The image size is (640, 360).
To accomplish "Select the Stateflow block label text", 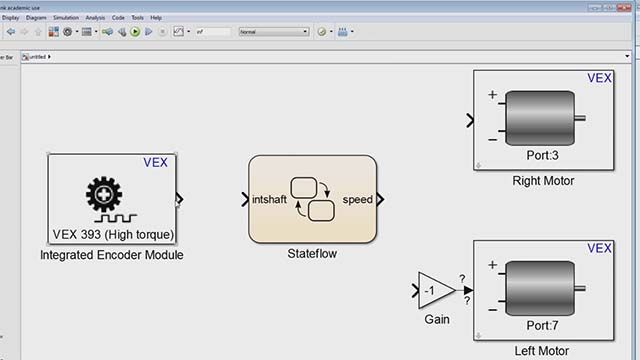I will [x=313, y=254].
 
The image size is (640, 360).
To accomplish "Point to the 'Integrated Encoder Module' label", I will [x=112, y=255].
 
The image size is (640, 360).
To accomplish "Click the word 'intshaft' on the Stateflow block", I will [x=271, y=199].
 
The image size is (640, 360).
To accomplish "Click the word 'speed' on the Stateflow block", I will [x=357, y=199].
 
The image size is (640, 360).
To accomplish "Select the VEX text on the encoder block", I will [x=156, y=161].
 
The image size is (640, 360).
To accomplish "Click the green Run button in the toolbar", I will [x=135, y=32].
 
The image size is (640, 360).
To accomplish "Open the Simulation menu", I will [x=66, y=17].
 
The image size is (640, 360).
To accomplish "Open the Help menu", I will [x=156, y=17].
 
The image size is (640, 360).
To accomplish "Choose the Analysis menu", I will [x=95, y=17].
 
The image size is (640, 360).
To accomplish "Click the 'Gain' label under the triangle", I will [x=436, y=320].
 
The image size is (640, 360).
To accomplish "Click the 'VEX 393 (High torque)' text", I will [x=113, y=235].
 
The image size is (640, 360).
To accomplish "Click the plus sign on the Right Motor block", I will [x=492, y=96].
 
